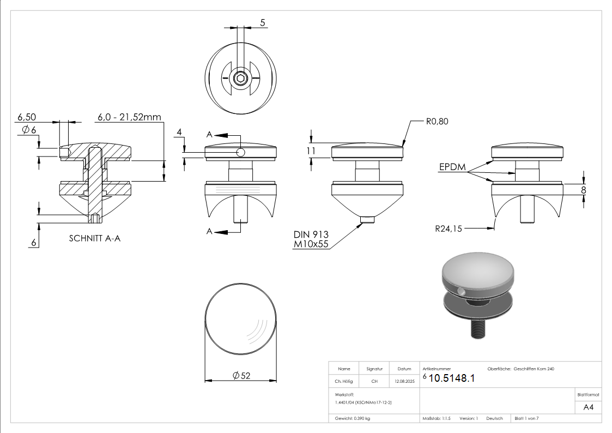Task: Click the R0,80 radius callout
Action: click(437, 122)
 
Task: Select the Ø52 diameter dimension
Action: click(241, 375)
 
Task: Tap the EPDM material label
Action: click(452, 167)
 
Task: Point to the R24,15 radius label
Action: click(448, 229)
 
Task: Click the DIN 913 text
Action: click(311, 234)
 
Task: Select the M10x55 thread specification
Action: click(311, 244)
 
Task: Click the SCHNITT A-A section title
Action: click(95, 238)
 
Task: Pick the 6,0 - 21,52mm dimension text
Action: click(130, 117)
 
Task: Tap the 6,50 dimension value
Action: click(27, 117)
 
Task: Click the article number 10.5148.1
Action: click(452, 378)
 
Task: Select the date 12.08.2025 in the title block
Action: click(404, 382)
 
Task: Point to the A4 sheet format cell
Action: click(588, 407)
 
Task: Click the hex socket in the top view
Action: click(240, 79)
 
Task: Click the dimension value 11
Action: click(311, 151)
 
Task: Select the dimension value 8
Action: click(584, 190)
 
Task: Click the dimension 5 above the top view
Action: click(263, 22)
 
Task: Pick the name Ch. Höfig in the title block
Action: click(344, 382)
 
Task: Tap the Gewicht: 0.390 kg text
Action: click(353, 418)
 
